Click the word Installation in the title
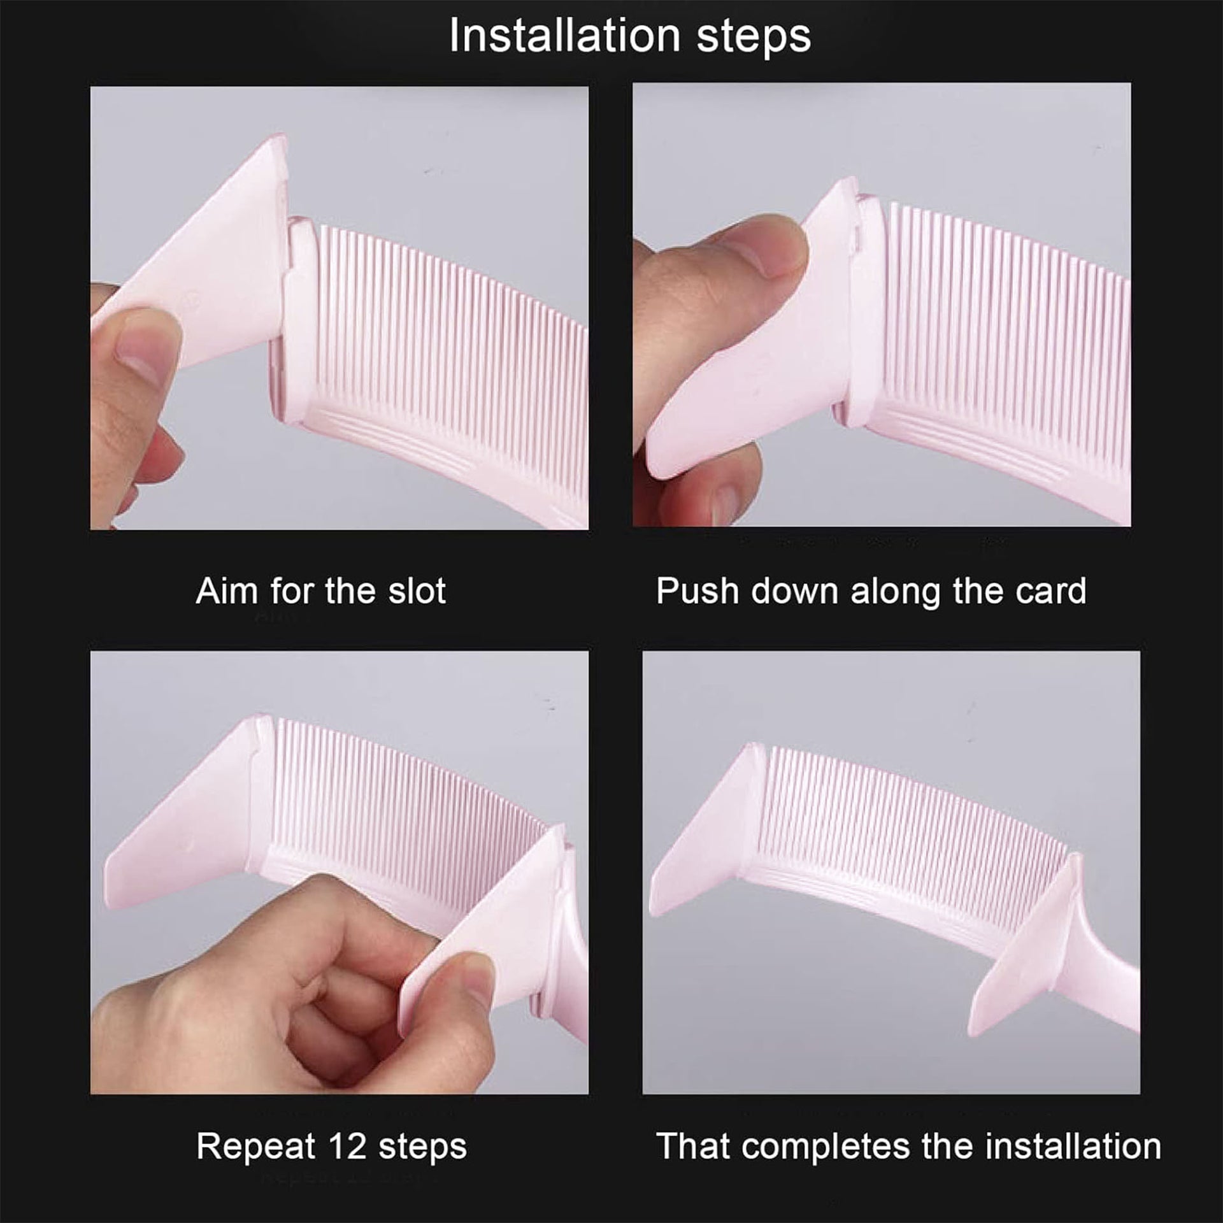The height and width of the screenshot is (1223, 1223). pyautogui.click(x=565, y=35)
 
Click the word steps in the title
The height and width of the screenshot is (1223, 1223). pyautogui.click(x=754, y=38)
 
